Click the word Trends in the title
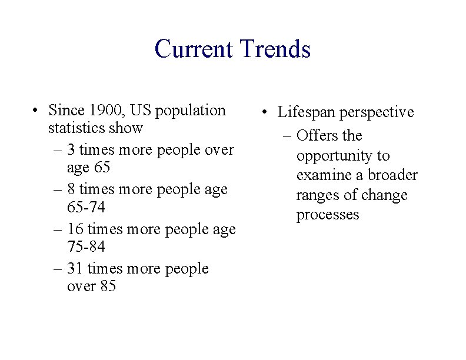(x=274, y=49)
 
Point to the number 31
(x=75, y=269)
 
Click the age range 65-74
(x=86, y=207)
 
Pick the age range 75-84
(x=86, y=246)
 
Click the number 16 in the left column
(x=75, y=229)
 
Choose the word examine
(x=324, y=175)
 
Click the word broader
(x=392, y=175)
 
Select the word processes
(x=328, y=215)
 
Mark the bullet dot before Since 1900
(x=36, y=111)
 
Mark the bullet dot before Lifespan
(x=266, y=113)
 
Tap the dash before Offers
(x=288, y=136)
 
